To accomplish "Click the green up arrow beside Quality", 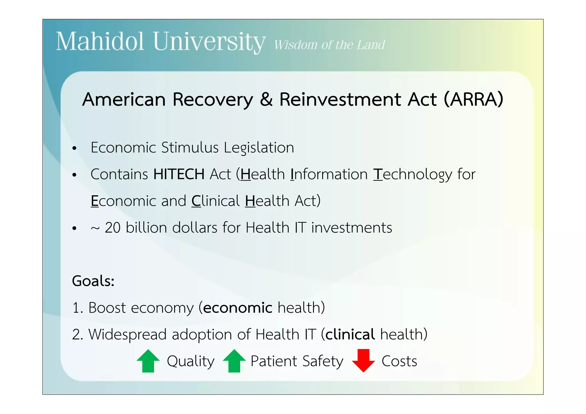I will pos(148,361).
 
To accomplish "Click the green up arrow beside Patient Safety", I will pos(234,361).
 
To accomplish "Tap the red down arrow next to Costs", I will pos(363,361).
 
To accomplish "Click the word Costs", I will pos(399,361).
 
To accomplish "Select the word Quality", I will pos(191,361).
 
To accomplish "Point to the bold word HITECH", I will pos(179,174).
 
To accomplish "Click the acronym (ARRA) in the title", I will pos(474,99).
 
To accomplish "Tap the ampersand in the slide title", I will pos(266,99).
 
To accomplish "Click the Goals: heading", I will pos(93,281).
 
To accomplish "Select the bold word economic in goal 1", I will pos(237,308).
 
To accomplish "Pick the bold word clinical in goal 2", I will pos(350,334).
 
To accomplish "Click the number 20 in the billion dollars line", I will pos(112,228).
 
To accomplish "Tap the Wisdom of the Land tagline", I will pos(329,45).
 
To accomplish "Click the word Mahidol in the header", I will pos(100,42).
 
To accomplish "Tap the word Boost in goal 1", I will pos(107,308).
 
